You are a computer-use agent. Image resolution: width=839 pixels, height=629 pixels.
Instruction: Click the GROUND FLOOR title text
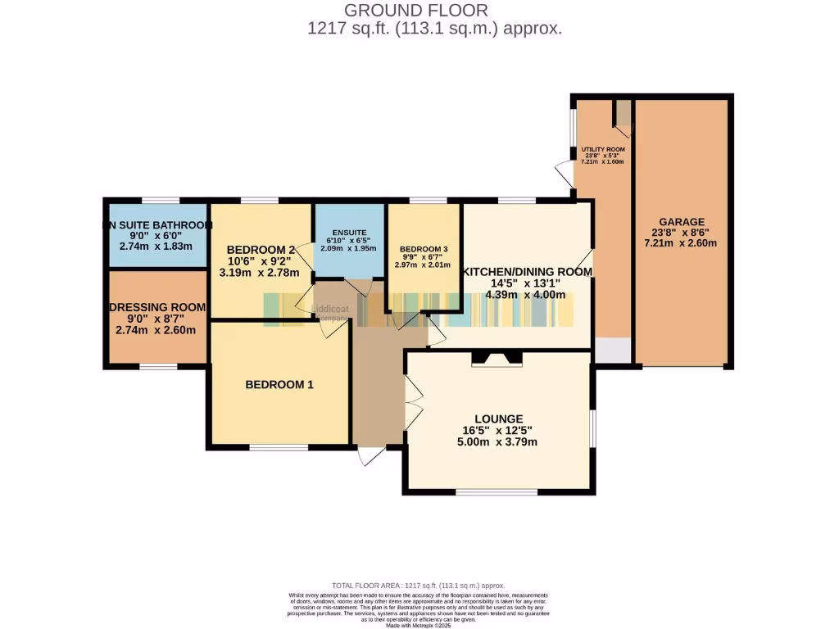tap(415, 11)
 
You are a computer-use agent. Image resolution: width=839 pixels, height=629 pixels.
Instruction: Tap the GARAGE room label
tap(680, 222)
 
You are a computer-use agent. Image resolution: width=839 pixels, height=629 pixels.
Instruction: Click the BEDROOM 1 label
tap(279, 384)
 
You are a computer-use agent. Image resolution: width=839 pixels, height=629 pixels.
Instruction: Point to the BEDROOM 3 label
tap(423, 249)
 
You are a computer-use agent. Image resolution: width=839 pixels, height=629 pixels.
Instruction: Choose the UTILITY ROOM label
tap(603, 150)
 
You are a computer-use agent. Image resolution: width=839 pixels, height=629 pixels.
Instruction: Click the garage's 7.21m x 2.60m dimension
tap(680, 243)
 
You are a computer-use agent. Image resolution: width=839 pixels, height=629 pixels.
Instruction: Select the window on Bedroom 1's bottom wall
tap(279, 447)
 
